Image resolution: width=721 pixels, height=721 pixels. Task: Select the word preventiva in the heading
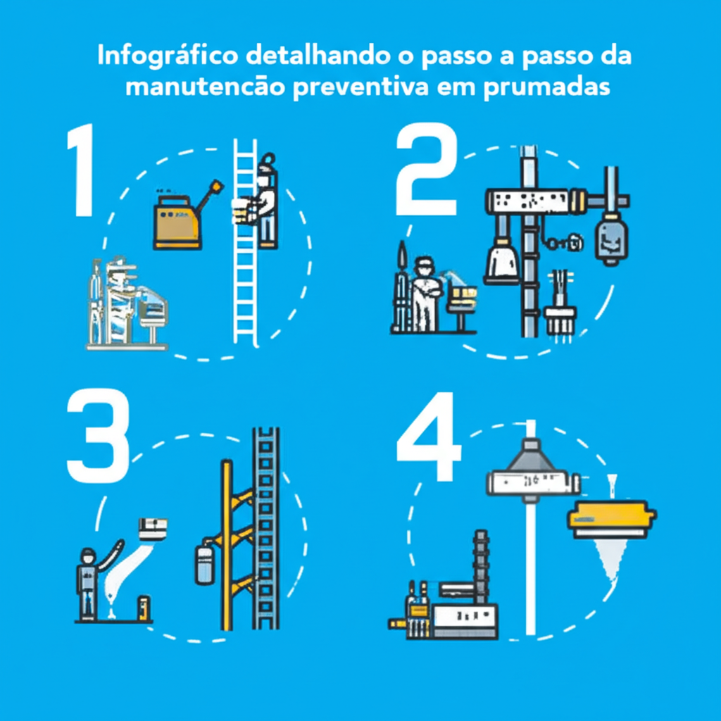coord(387,89)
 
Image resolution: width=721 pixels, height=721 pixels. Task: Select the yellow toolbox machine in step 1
coord(178,221)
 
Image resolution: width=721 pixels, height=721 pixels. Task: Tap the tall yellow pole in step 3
coord(226,542)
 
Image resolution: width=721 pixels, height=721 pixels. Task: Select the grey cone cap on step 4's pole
coord(532,457)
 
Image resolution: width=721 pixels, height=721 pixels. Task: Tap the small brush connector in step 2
coord(560,317)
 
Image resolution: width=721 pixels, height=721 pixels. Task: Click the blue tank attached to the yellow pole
coord(204,564)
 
